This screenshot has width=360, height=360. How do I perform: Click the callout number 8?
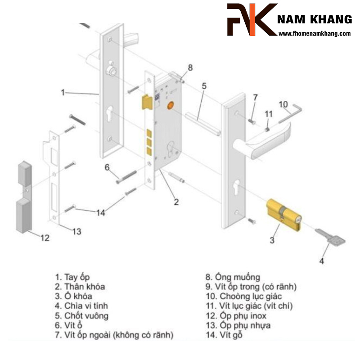pos(190,67)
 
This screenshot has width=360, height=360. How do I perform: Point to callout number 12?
pos(45,238)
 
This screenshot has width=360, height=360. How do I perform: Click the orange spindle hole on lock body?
pos(170,105)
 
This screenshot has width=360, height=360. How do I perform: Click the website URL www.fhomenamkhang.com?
pos(315,34)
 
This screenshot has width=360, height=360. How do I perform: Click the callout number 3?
pos(272,240)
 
